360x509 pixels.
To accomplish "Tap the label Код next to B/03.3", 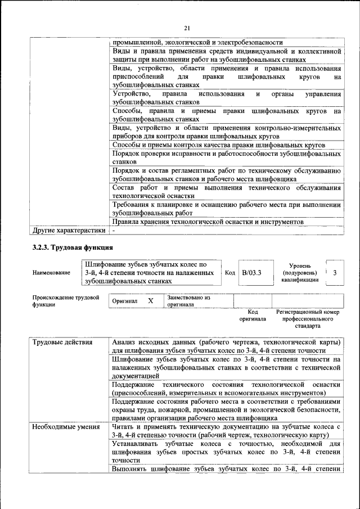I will coord(229,273).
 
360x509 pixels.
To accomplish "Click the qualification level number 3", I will coord(335,272).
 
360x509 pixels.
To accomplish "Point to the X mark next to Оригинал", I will coord(150,301).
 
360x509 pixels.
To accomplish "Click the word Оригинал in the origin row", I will coord(125,301).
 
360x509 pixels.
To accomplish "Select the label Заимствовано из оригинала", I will coord(188,301).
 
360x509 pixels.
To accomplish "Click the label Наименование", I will coord(51,273).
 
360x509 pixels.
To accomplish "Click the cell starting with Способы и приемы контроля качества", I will coord(218,145).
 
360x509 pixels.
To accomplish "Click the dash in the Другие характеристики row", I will coord(114,231).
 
